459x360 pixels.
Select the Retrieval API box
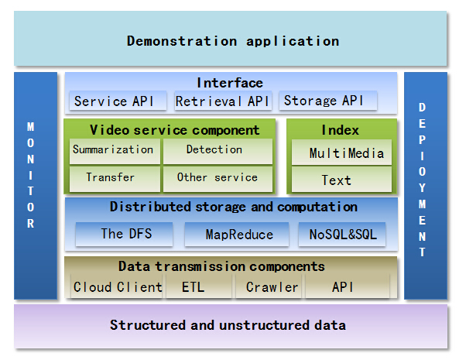click(222, 101)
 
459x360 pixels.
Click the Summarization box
click(113, 150)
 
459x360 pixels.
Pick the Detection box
click(215, 150)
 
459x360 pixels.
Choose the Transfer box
click(113, 177)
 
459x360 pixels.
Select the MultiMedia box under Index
click(341, 153)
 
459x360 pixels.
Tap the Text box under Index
click(337, 180)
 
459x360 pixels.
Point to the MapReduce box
click(238, 234)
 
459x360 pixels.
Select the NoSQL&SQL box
click(342, 234)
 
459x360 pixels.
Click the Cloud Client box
click(118, 287)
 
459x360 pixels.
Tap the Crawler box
click(271, 287)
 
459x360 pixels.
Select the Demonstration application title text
click(233, 40)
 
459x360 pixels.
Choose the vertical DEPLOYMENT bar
click(423, 186)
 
